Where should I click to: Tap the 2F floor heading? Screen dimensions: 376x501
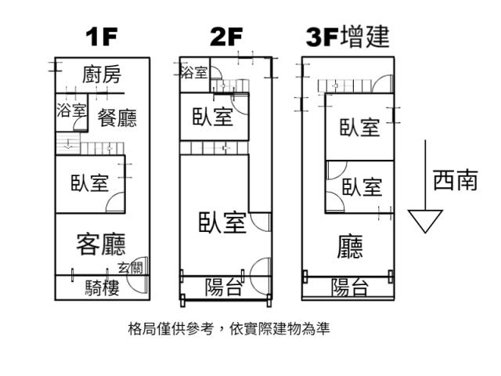[x=227, y=38]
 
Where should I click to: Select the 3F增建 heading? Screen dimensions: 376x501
[x=347, y=37]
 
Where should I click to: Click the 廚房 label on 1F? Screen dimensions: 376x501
[x=102, y=75]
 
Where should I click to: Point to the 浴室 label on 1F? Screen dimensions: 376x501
[x=71, y=110]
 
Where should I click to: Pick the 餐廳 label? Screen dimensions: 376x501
[x=117, y=118]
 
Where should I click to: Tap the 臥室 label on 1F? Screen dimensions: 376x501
[x=89, y=183]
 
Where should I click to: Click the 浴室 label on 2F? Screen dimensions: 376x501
[x=193, y=73]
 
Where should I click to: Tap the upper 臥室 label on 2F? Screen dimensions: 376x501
[x=213, y=117]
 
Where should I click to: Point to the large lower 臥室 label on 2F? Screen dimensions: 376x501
[x=222, y=222]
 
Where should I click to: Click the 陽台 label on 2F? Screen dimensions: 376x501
[x=223, y=287]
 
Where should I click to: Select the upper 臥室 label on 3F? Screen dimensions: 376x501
[x=359, y=127]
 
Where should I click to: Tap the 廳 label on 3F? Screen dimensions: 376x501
[x=349, y=248]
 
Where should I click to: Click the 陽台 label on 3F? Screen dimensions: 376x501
[x=349, y=287]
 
